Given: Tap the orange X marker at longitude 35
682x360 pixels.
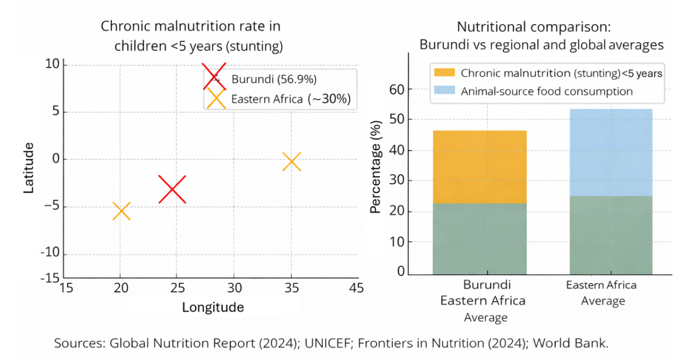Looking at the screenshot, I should (292, 162).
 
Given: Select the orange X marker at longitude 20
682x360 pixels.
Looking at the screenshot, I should (121, 211).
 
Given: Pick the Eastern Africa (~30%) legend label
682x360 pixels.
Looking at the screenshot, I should (290, 100).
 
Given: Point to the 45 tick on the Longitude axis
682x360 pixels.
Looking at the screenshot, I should (357, 288).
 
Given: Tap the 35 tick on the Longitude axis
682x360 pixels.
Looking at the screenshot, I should (291, 288).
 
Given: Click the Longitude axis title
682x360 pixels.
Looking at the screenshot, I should (213, 308).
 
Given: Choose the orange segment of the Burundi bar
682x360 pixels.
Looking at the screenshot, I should (480, 167).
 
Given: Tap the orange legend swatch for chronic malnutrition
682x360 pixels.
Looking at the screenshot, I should (444, 72).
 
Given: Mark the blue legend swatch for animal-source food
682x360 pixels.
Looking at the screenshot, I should (444, 91).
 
